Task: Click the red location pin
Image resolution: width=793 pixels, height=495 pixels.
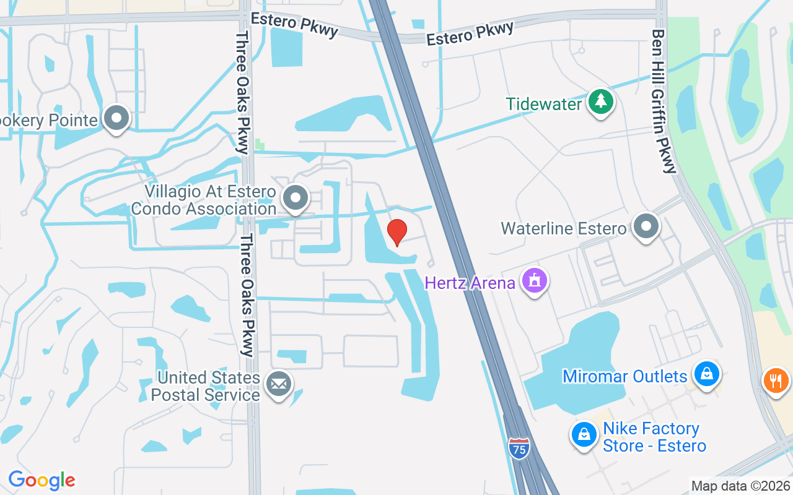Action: coord(397,232)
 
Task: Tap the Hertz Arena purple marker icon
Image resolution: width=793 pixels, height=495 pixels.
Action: coord(535,280)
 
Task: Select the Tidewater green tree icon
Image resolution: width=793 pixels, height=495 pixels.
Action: coord(600,101)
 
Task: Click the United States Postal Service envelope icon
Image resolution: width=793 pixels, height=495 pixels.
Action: coord(279,384)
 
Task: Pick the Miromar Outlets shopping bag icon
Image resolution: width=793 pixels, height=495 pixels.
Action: coord(706,374)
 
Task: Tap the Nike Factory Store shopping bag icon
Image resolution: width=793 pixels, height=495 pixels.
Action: coord(584,434)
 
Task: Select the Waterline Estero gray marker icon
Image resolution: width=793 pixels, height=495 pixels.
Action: coord(646,226)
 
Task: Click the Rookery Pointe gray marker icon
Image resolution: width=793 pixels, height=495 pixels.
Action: coord(116,118)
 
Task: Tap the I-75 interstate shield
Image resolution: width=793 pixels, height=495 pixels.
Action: coord(519,448)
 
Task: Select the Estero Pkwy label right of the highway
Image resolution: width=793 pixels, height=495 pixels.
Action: coord(470,33)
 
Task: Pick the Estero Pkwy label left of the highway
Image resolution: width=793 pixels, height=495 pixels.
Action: coord(294,24)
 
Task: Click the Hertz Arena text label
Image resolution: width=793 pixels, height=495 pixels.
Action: coord(470,283)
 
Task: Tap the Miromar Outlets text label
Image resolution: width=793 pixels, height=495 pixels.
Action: coord(625,376)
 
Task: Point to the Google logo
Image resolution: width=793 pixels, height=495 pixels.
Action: coord(42,480)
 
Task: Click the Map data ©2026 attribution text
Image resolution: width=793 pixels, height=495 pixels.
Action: coord(740,486)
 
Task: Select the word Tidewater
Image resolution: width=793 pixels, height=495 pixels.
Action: coord(544,103)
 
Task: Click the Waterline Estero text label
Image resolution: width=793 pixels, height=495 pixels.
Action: coord(564,228)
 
